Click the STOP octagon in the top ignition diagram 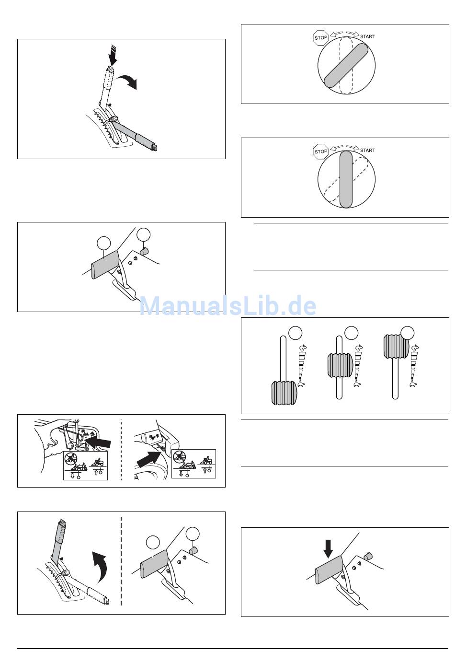321,37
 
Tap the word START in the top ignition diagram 367,37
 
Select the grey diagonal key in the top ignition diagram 346,65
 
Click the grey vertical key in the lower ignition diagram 346,179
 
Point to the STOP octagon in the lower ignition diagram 321,151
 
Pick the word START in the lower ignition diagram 367,151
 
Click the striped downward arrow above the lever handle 113,55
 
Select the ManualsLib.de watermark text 227,306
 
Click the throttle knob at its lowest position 284,393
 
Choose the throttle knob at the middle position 340,366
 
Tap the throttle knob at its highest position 397,347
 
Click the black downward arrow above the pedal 328,549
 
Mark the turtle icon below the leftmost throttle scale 302,384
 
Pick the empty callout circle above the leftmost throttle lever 295,333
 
